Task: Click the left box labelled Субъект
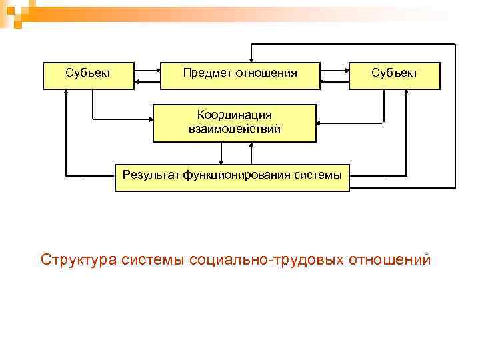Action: (88, 76)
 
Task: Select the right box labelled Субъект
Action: (395, 76)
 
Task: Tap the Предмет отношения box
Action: (240, 76)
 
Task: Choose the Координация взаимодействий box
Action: (234, 123)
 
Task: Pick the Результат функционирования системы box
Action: (232, 177)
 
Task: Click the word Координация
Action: (235, 115)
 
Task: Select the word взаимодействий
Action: (235, 129)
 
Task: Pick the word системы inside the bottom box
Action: (318, 175)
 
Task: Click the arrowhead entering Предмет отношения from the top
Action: (251, 61)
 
